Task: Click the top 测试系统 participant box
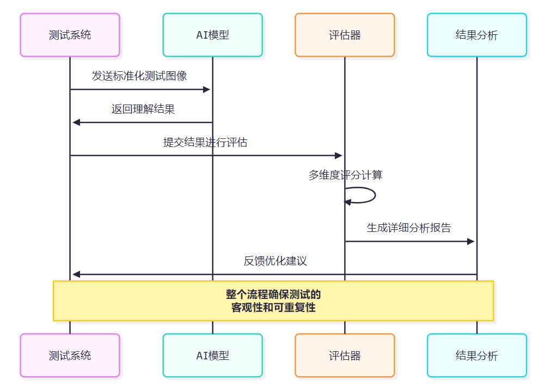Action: [x=70, y=35]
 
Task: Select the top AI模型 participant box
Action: [x=212, y=35]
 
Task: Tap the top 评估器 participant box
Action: [x=345, y=35]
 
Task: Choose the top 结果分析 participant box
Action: [x=477, y=35]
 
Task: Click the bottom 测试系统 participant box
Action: [x=70, y=356]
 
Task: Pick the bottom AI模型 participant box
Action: [x=212, y=356]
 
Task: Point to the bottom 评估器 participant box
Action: [x=345, y=356]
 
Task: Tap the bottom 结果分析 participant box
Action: [x=477, y=356]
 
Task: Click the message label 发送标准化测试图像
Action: [x=139, y=76]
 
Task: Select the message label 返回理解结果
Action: [x=143, y=109]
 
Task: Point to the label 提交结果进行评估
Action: [x=205, y=142]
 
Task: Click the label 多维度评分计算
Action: [x=345, y=175]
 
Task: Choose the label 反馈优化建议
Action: [x=275, y=261]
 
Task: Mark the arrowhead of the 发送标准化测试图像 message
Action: [x=206, y=89]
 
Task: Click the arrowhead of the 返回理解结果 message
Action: [x=76, y=122]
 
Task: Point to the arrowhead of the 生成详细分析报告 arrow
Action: [x=471, y=241]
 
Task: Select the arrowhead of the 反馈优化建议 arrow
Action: [x=76, y=274]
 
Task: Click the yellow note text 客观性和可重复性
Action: [x=273, y=308]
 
